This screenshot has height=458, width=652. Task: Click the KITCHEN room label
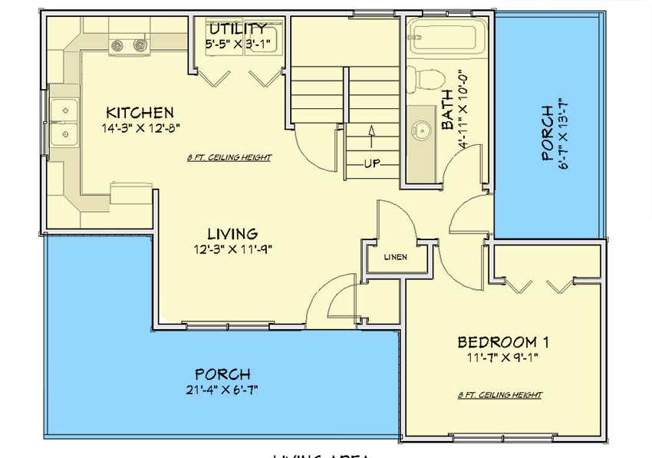click(x=140, y=113)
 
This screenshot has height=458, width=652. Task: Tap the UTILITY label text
click(x=238, y=29)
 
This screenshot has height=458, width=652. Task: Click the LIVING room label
click(x=232, y=233)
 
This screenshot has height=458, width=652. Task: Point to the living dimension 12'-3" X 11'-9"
click(x=233, y=249)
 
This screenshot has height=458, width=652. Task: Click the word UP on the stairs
click(x=373, y=164)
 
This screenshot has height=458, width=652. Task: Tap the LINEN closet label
click(x=396, y=257)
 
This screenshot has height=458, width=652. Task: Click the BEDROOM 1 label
click(x=502, y=342)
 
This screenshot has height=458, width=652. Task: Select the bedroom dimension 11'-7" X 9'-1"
click(x=502, y=358)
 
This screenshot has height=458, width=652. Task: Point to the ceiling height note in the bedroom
click(x=500, y=395)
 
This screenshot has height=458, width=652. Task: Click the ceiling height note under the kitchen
click(x=229, y=158)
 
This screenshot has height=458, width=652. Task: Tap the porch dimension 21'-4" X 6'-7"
click(x=222, y=390)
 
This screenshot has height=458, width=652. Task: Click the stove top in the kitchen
click(x=128, y=45)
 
